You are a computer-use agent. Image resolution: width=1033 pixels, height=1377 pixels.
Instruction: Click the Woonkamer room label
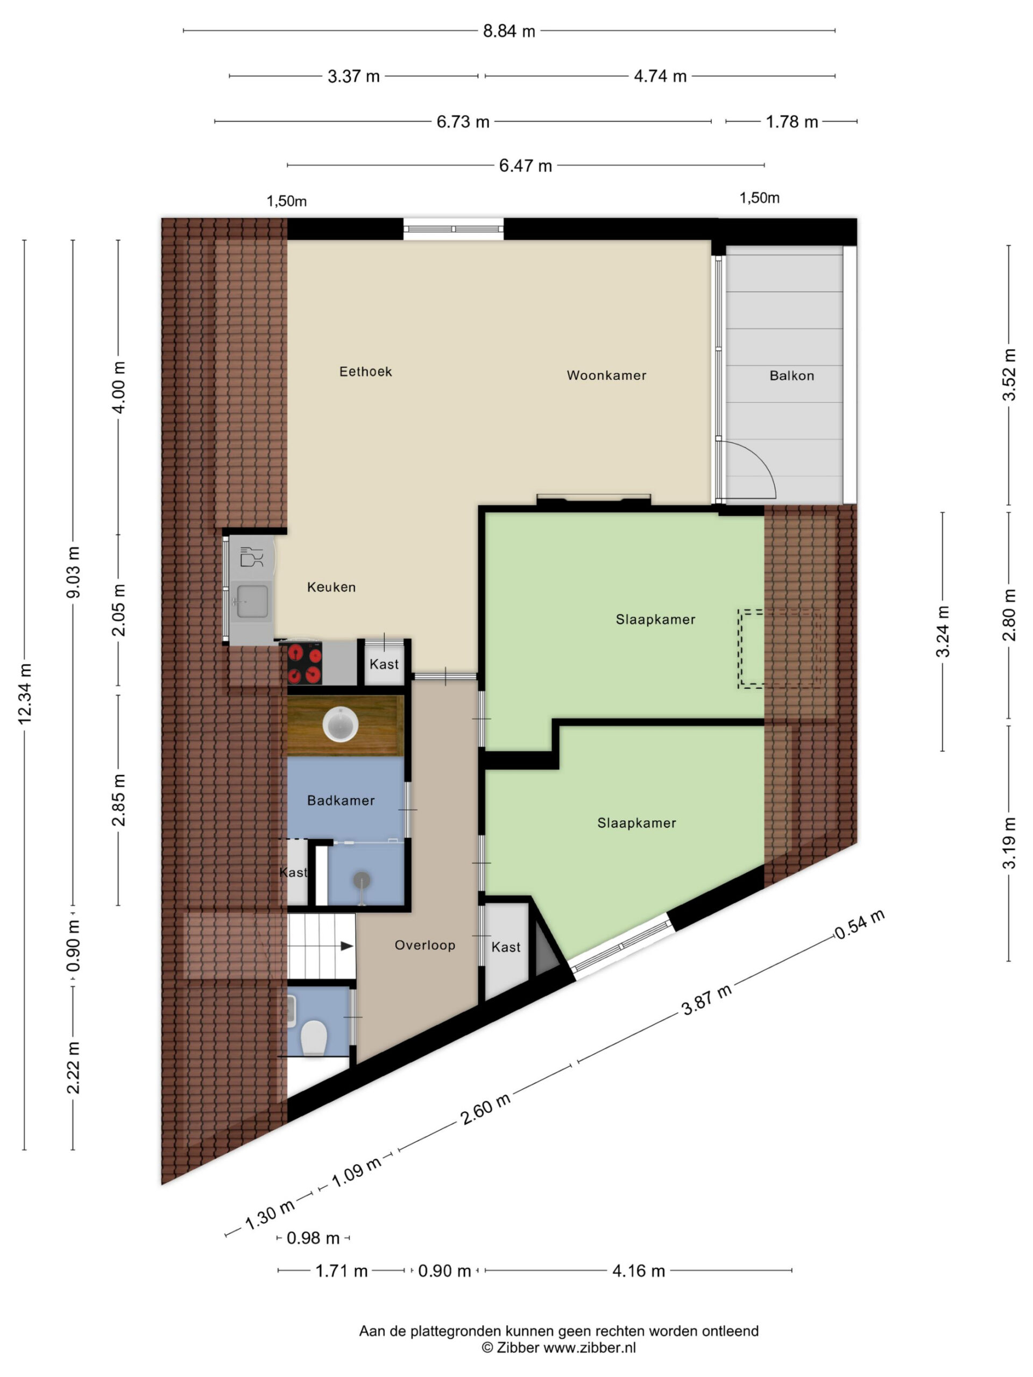606,375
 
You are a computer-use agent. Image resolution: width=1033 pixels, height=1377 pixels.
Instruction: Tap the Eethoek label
365,372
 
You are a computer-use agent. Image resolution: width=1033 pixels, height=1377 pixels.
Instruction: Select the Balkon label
791,375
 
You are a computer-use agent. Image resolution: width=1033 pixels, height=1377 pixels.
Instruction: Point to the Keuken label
331,587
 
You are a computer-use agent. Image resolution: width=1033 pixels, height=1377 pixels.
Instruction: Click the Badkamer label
341,800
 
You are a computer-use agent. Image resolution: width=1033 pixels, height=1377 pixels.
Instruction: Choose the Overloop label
424,945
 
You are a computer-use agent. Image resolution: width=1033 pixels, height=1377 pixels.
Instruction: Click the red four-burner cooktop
305,664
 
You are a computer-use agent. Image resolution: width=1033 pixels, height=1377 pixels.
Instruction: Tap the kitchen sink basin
252,601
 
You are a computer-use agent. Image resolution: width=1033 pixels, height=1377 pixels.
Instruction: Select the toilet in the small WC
314,1038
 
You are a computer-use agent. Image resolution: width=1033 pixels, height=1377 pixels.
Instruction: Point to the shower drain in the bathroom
362,880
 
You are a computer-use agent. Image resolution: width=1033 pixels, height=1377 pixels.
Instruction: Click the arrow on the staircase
345,946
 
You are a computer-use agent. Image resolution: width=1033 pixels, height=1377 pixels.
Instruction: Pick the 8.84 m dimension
509,31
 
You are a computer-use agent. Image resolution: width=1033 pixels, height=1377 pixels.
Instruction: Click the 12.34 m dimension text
24,694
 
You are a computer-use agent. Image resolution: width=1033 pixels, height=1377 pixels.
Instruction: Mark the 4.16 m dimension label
638,1270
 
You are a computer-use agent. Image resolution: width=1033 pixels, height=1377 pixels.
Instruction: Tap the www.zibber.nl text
590,1348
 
